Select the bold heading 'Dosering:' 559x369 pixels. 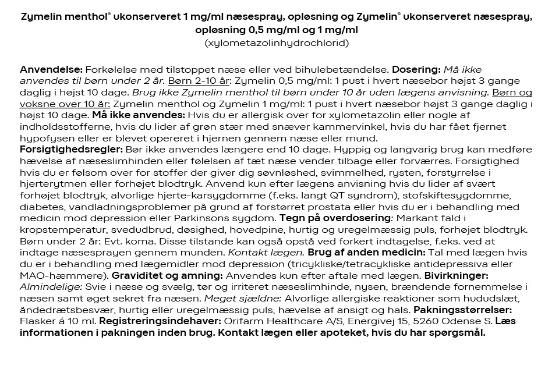(x=415, y=69)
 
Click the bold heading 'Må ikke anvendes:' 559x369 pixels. (x=139, y=115)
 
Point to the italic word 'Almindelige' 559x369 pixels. (x=51, y=286)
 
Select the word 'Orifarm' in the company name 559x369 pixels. (x=238, y=321)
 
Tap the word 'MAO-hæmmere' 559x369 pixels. (x=51, y=275)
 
